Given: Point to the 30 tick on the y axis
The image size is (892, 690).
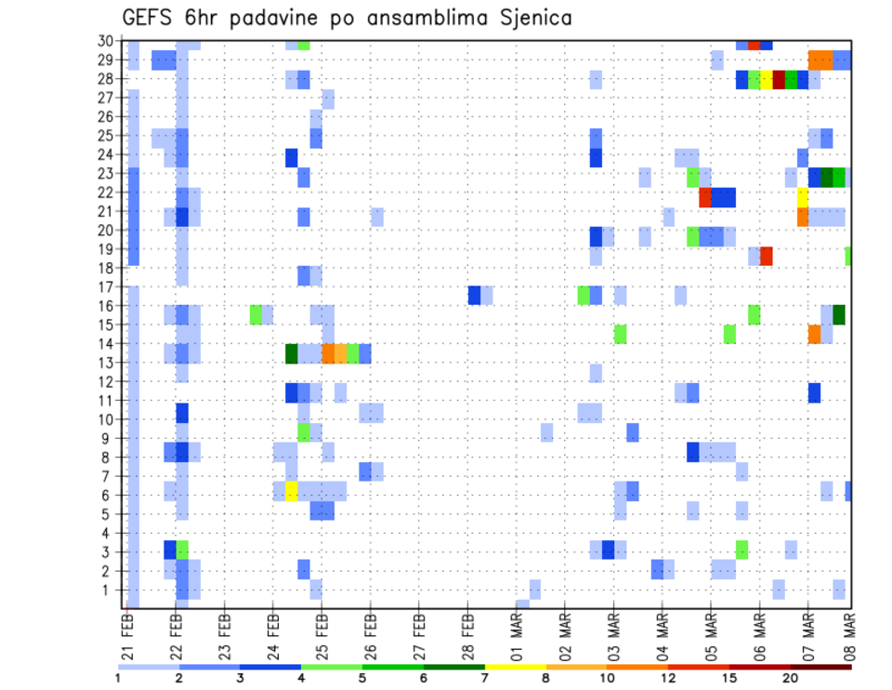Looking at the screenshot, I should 109,41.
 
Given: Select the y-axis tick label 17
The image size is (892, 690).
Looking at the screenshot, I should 109,286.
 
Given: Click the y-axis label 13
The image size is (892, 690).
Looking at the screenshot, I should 109,363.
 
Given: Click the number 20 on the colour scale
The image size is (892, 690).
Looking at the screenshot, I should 791,678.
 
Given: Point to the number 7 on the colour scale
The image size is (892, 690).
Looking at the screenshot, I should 485,678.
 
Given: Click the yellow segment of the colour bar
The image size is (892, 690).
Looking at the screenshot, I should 515,666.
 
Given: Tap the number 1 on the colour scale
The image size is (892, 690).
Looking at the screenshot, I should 118,678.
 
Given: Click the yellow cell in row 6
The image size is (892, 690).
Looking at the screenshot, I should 292,490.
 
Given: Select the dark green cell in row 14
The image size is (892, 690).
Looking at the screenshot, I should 292,353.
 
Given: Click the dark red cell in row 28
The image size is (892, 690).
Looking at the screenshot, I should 779,79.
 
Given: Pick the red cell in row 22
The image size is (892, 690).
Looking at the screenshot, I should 705,197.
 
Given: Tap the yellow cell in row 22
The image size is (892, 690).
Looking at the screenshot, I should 802,197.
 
